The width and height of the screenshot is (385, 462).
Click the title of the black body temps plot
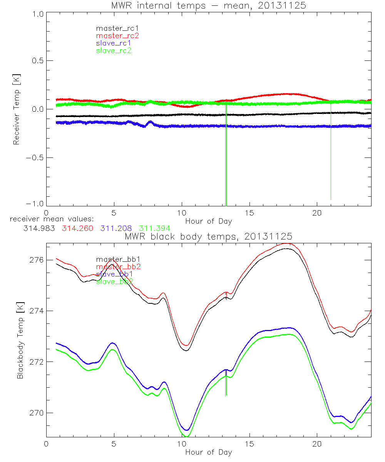208,236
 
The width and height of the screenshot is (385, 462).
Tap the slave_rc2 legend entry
114,50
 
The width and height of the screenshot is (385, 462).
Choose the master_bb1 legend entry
114,259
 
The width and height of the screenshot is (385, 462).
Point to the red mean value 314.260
77,228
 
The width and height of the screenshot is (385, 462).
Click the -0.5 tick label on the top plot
35,157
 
